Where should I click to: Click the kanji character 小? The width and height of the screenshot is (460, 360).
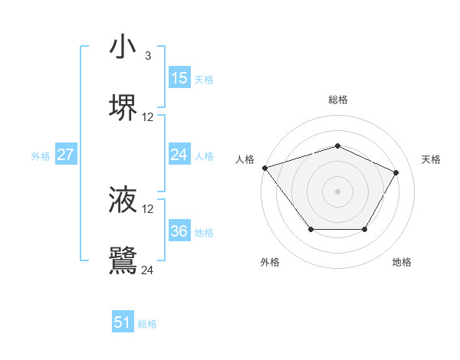point(123,47)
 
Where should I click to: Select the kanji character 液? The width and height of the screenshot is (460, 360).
point(123,199)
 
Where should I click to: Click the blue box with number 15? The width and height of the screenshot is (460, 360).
point(179,78)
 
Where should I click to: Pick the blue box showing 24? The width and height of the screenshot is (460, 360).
point(179,155)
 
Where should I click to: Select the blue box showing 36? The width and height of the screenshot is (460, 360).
point(179,231)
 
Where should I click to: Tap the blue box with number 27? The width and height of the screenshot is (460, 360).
point(66,155)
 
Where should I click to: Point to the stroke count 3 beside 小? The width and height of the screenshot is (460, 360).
point(148,56)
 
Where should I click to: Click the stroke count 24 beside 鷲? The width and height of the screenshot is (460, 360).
point(148,270)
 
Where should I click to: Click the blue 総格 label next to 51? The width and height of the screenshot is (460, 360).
point(148,324)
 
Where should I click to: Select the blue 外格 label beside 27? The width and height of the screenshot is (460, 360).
point(41,156)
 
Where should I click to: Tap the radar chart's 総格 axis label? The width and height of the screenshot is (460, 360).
point(338,100)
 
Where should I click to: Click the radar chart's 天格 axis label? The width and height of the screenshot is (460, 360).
point(432,159)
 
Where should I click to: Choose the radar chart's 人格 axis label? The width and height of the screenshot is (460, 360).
point(245,159)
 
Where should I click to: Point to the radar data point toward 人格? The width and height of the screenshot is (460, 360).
point(264,167)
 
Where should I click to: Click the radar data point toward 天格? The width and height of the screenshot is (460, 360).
point(396,172)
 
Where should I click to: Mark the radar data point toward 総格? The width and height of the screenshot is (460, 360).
point(337,146)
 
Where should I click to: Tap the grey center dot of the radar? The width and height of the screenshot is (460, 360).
point(337,191)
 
